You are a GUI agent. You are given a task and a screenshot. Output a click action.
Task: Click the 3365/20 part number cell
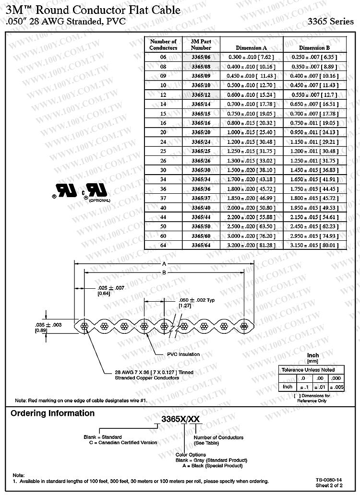[x=201, y=131]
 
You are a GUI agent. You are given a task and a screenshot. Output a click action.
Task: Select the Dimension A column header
[x=251, y=48]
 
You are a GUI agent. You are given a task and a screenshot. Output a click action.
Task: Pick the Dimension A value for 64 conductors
[x=252, y=245]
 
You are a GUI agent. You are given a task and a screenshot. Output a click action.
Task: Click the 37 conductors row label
[x=163, y=198]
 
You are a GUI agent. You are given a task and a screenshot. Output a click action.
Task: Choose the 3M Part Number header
[x=201, y=45]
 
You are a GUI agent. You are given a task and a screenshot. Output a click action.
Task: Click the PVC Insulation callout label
[x=183, y=354]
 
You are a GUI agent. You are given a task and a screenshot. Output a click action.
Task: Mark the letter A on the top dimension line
[x=164, y=264]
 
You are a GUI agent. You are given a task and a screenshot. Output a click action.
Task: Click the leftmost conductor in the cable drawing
[x=84, y=327]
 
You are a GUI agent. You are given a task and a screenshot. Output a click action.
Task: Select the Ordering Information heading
[x=53, y=413]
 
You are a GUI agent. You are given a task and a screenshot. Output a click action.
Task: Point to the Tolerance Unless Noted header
[x=308, y=370]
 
